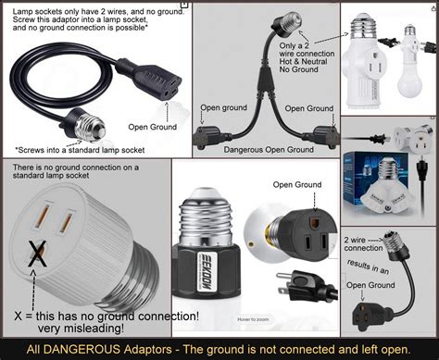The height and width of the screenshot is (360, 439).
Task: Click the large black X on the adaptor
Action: click(37, 253)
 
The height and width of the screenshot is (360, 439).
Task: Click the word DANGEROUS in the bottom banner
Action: click(74, 349)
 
